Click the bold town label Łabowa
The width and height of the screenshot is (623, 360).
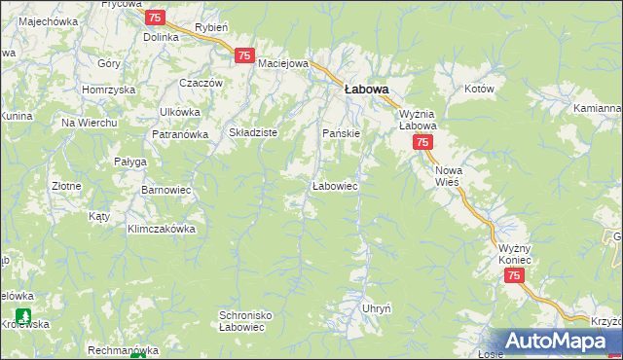click(367, 89)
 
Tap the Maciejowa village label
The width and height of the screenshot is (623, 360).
click(283, 63)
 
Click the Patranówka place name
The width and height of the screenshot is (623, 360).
click(180, 134)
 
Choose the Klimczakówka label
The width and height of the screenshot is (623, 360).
click(162, 230)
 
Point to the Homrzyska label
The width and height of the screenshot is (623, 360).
click(107, 90)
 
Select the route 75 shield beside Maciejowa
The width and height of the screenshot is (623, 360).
click(244, 56)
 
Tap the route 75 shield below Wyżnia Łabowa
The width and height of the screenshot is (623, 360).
click(422, 143)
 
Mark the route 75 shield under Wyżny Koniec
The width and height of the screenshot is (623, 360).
click(514, 276)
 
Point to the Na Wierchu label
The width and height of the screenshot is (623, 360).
click(90, 123)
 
